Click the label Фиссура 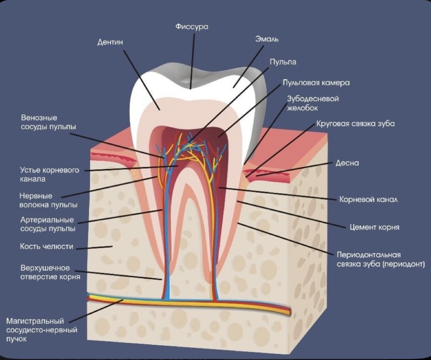192,27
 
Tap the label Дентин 111,42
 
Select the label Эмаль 267,40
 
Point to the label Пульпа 283,62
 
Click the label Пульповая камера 316,82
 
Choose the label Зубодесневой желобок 313,103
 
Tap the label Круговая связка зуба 356,123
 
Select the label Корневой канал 369,200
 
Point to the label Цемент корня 374,227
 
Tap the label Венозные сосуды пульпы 48,122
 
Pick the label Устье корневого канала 49,174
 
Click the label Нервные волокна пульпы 49,200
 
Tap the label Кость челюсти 46,247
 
